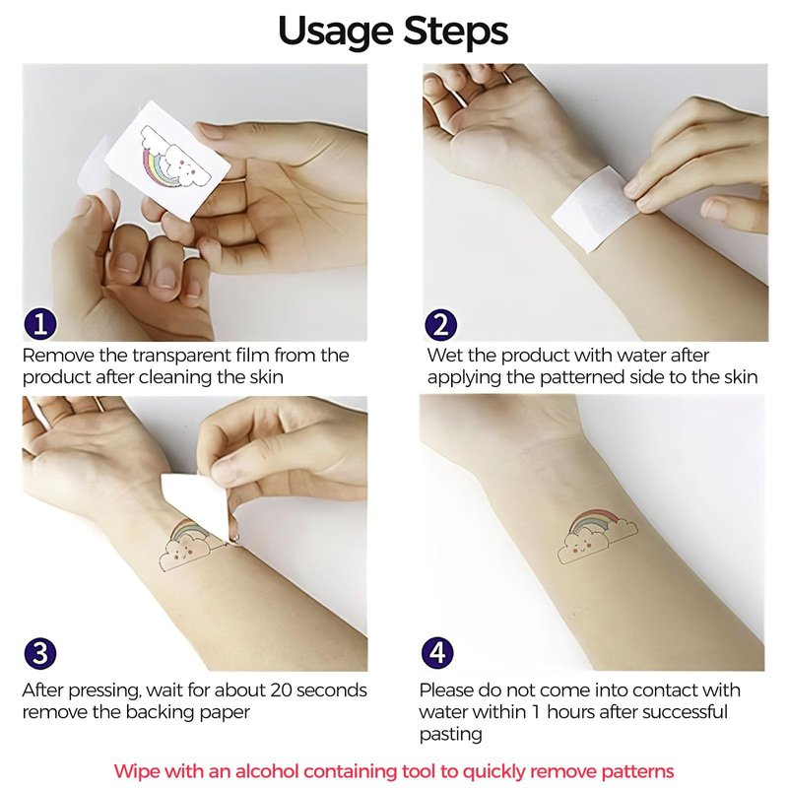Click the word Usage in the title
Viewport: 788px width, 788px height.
pyautogui.click(x=335, y=32)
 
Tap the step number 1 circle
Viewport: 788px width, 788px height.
pyautogui.click(x=40, y=324)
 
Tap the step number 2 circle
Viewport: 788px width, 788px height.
pyautogui.click(x=440, y=324)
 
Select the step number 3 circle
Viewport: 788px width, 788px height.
pyautogui.click(x=40, y=653)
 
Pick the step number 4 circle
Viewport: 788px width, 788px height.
pyautogui.click(x=437, y=653)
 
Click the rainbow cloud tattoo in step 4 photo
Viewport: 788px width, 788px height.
pyautogui.click(x=599, y=536)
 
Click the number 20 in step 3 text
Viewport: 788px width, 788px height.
pyautogui.click(x=281, y=690)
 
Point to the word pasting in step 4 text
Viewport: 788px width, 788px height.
pyautogui.click(x=451, y=734)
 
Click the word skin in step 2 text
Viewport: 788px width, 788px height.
pyautogui.click(x=742, y=377)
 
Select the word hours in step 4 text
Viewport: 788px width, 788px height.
pyautogui.click(x=572, y=711)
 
